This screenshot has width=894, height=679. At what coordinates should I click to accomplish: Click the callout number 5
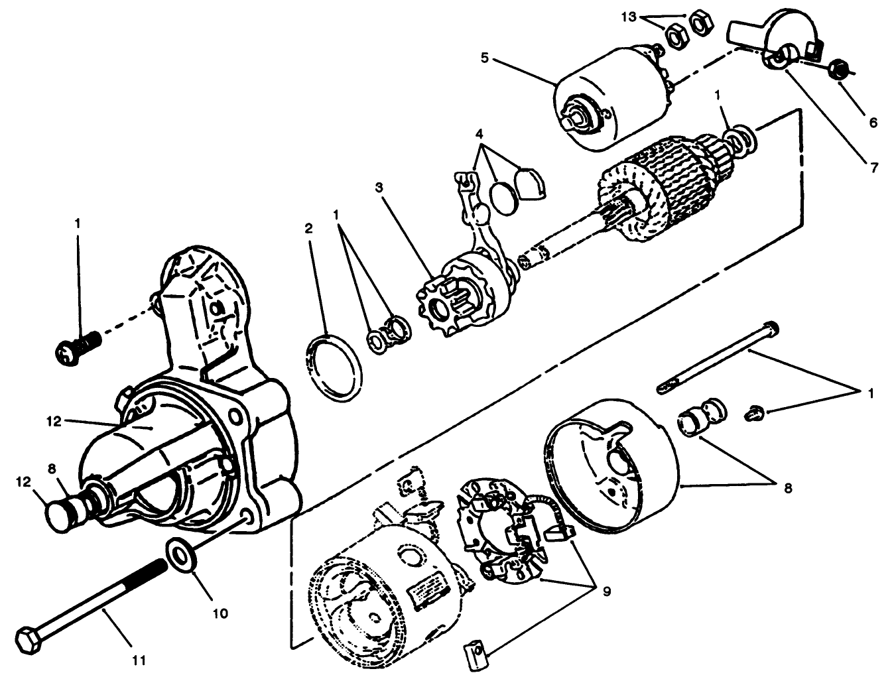tap(484, 58)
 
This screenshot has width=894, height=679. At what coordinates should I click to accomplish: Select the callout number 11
tap(139, 660)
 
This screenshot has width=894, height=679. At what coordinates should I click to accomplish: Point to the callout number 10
tap(220, 613)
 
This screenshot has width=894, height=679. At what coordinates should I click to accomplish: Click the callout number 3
tap(379, 188)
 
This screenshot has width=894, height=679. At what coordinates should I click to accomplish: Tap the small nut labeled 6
tap(838, 68)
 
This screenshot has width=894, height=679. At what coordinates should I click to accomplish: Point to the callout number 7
tap(873, 168)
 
